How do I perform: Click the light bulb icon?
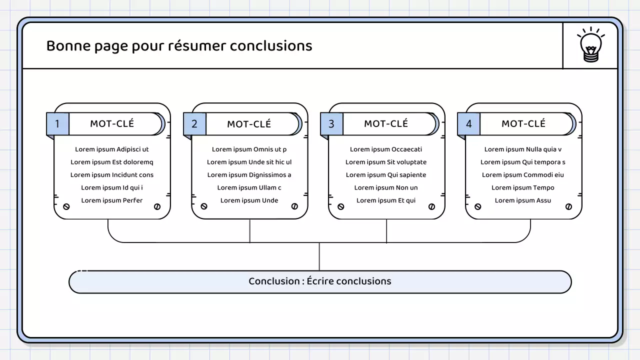click(x=590, y=45)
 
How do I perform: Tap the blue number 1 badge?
click(x=57, y=124)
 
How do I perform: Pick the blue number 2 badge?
click(x=194, y=124)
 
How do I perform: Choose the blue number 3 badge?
click(x=331, y=124)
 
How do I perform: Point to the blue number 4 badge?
click(x=468, y=124)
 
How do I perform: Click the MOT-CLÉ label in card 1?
click(x=112, y=124)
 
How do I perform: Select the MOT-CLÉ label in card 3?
click(x=386, y=124)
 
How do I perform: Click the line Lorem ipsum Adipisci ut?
click(x=112, y=149)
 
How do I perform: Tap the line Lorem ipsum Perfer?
click(x=112, y=200)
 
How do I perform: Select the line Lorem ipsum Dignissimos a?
click(x=249, y=175)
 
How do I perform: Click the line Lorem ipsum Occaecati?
click(x=386, y=149)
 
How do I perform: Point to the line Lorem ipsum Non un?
click(x=386, y=188)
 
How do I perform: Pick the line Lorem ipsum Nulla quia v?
click(x=523, y=149)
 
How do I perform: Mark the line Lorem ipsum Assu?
click(x=523, y=200)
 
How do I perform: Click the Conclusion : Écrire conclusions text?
click(x=320, y=281)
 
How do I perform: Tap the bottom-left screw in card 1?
click(x=66, y=206)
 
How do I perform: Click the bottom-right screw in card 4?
click(x=568, y=206)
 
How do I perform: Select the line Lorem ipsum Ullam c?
click(x=249, y=188)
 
